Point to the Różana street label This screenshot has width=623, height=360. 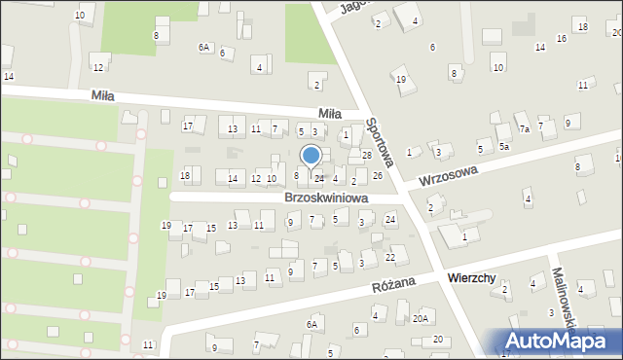[393, 282]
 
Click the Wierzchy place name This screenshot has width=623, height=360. [472, 278]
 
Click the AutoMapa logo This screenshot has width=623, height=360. [560, 341]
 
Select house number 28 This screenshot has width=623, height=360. [367, 156]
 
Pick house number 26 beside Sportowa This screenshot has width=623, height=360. [378, 176]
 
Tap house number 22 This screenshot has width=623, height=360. [390, 257]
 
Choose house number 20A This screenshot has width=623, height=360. [421, 318]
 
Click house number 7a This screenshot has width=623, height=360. [524, 129]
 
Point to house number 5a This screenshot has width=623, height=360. [504, 146]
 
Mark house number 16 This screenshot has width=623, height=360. [562, 39]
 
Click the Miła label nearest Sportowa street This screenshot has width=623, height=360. [330, 114]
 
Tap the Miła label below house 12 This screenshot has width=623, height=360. [102, 95]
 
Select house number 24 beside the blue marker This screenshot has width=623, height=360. [319, 178]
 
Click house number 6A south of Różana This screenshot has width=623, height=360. [312, 324]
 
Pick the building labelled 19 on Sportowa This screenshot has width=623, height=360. [400, 80]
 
